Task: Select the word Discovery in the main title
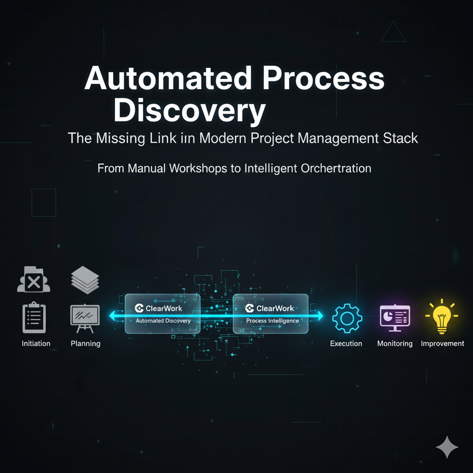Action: point(189,111)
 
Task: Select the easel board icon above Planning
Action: point(85,318)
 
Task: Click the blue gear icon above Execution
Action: point(347,318)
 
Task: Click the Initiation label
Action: point(36,344)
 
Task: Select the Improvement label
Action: point(443,344)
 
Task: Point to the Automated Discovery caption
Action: point(163,321)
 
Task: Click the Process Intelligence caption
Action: point(273,321)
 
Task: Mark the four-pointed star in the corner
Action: point(447,447)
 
